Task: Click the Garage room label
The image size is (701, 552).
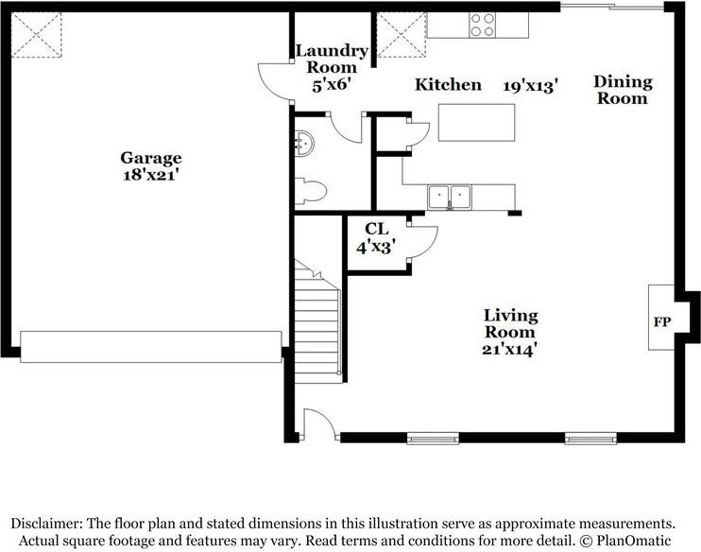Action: (x=150, y=158)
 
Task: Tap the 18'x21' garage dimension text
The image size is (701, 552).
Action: (x=150, y=174)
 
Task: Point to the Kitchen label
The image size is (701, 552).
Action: (x=449, y=85)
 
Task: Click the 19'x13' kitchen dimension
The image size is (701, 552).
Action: (x=531, y=86)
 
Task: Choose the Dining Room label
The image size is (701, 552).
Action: (x=623, y=90)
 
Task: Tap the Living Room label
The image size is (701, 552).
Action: (x=510, y=323)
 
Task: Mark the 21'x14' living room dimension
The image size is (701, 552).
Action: (x=510, y=348)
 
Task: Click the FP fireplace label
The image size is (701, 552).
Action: (x=662, y=322)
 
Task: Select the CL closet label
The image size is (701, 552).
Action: (x=376, y=228)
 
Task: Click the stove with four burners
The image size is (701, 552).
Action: (x=482, y=25)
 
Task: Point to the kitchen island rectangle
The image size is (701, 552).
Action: (x=476, y=123)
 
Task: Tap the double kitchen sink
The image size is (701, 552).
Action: (x=450, y=197)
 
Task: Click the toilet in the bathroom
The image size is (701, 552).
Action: (x=310, y=192)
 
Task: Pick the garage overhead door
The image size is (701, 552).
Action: (x=151, y=346)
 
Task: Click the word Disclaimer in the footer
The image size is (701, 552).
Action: (x=47, y=523)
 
